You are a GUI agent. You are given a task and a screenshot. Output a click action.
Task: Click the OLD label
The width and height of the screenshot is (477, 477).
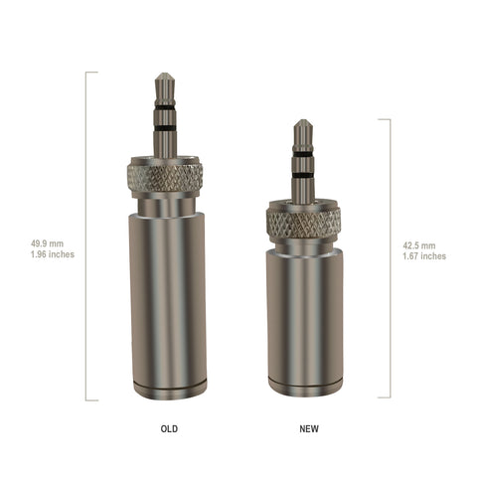click(x=169, y=428)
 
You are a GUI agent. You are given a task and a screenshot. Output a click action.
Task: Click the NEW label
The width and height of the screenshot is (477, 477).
click(x=309, y=428)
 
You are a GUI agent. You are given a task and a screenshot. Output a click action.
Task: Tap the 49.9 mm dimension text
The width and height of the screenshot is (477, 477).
click(x=47, y=243)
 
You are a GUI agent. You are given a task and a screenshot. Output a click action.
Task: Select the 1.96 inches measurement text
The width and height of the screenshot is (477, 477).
click(x=53, y=254)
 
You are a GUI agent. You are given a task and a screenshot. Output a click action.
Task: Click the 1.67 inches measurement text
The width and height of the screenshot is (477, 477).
click(x=424, y=256)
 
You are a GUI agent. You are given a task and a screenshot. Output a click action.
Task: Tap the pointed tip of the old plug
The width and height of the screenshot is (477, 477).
click(x=165, y=74)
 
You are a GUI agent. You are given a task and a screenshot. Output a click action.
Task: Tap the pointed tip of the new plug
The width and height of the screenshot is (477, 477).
click(x=302, y=120)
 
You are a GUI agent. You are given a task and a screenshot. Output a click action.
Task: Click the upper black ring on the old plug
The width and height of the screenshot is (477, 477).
click(x=165, y=107)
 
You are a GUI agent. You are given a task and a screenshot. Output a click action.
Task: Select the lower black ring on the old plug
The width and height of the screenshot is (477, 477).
click(x=165, y=128)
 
